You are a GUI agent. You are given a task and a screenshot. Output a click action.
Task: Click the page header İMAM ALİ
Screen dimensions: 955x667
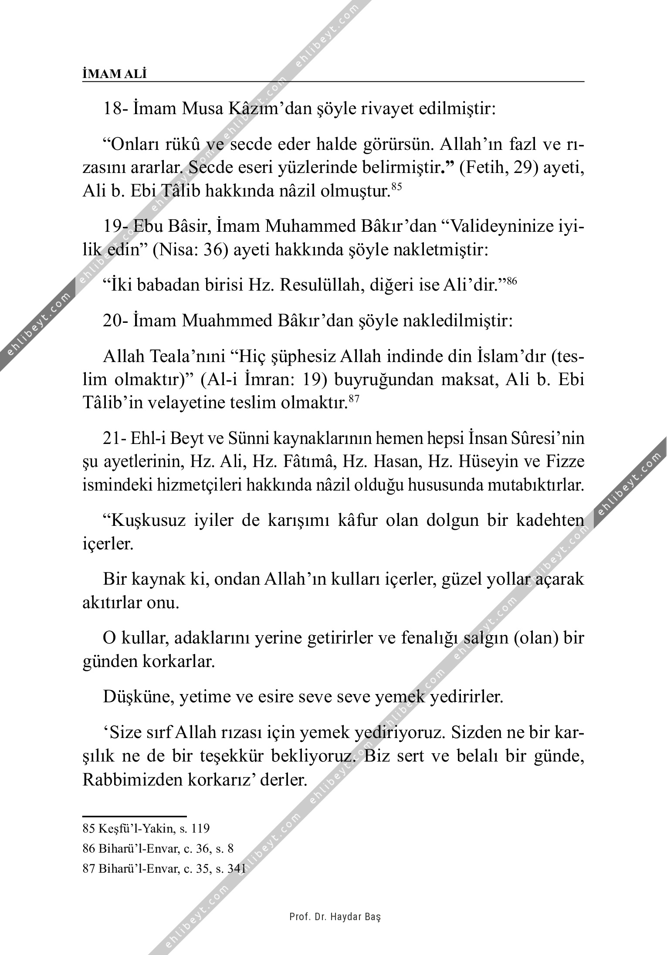click(115, 74)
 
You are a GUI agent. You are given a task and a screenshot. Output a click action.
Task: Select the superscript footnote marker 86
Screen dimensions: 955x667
click(511, 281)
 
